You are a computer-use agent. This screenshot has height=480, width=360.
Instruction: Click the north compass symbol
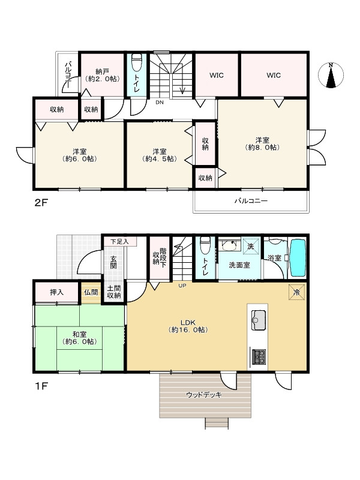pyautogui.click(x=331, y=75)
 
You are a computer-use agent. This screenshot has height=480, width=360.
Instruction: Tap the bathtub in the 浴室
pyautogui.click(x=298, y=258)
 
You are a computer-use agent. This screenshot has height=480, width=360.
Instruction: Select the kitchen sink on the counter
pyautogui.click(x=259, y=320)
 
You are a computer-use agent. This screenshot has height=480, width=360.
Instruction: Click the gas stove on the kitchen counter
pyautogui.click(x=259, y=357)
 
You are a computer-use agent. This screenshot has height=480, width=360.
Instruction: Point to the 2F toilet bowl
pyautogui.click(x=137, y=62)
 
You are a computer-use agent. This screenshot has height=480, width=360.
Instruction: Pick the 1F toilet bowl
pyautogui.click(x=205, y=245)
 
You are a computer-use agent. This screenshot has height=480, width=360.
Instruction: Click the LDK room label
pyautogui.click(x=188, y=326)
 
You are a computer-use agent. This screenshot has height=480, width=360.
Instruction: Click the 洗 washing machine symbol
pyautogui.click(x=251, y=246)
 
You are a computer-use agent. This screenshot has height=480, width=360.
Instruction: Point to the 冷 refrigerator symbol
pyautogui.click(x=296, y=292)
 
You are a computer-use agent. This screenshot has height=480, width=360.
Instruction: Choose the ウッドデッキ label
pyautogui.click(x=203, y=395)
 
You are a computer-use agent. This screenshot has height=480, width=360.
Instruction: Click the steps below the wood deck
pyautogui.click(x=217, y=424)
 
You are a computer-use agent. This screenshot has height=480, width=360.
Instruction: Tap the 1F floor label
pyautogui.click(x=41, y=386)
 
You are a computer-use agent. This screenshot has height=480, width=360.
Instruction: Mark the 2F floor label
pyautogui.click(x=41, y=202)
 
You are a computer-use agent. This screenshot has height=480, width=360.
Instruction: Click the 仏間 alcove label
pyautogui.click(x=91, y=292)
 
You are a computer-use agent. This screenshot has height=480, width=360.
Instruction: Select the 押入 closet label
pyautogui.click(x=56, y=292)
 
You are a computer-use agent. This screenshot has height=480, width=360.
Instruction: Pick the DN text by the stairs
pyautogui.click(x=160, y=103)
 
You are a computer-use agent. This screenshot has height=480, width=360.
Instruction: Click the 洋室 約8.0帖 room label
pyautogui.click(x=262, y=143)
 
